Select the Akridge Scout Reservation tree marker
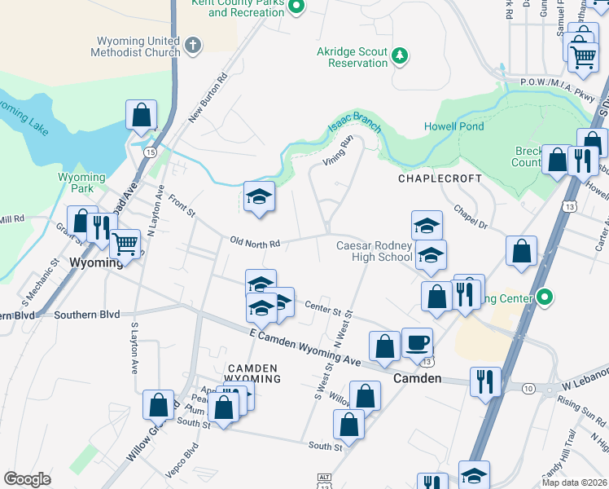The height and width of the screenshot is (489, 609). coord(399,55)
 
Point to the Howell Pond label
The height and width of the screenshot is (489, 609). coord(453,126)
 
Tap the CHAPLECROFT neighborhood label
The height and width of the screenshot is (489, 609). coord(440,178)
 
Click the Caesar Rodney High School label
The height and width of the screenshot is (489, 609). coord(375,251)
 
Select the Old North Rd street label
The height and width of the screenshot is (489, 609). coord(255,243)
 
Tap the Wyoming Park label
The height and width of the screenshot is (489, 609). coord(81,183)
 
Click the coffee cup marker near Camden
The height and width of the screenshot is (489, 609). coord(417,342)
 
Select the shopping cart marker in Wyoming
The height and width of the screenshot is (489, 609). coord(125,244)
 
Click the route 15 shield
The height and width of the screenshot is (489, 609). coord(150,152)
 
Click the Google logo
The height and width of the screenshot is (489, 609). coord(27,479)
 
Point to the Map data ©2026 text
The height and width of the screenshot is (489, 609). coord(575,482)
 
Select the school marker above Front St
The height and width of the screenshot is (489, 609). coord(259,196)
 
